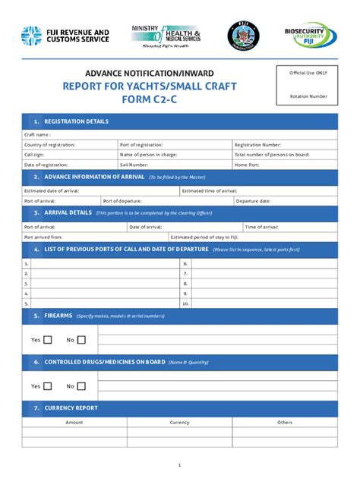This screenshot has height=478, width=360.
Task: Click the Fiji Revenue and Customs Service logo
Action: pyautogui.click(x=65, y=36)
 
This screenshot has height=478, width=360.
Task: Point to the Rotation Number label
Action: pyautogui.click(x=308, y=96)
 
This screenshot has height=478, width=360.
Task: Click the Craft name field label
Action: pyautogui.click(x=37, y=134)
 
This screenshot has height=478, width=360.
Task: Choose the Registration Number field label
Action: pyautogui.click(x=257, y=144)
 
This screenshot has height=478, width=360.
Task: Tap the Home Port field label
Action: pyautogui.click(x=247, y=164)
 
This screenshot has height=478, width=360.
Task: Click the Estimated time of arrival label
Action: pyautogui.click(x=210, y=190)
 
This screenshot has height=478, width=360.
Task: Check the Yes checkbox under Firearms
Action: pyautogui.click(x=48, y=340)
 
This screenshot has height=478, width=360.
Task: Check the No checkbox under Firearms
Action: pyautogui.click(x=81, y=340)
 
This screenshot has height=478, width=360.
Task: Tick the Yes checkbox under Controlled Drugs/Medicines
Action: pyautogui.click(x=48, y=386)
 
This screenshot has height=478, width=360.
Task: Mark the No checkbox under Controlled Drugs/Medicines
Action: pyautogui.click(x=81, y=386)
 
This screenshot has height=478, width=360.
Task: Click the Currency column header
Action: pyautogui.click(x=179, y=422)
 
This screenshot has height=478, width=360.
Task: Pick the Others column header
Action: pyautogui.click(x=285, y=422)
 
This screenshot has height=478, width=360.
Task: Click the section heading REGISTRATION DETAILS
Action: pyautogui.click(x=76, y=121)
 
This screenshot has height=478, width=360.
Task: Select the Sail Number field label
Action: pyautogui.click(x=134, y=164)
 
